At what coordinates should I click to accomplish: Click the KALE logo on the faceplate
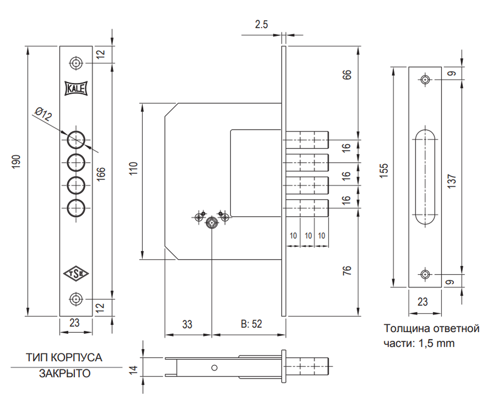tap(76, 88)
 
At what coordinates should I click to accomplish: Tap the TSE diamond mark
tap(76, 274)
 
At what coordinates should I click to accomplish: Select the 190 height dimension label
tap(16, 162)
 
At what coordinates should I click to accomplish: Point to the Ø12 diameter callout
tap(43, 114)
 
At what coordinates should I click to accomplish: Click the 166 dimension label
tap(101, 174)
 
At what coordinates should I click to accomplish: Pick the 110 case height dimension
tap(133, 168)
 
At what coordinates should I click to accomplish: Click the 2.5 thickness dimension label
tap(261, 25)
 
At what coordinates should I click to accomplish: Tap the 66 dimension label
tap(347, 75)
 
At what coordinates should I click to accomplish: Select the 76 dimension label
tap(347, 271)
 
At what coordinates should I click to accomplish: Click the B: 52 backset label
tap(251, 324)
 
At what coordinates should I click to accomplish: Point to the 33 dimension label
tap(187, 324)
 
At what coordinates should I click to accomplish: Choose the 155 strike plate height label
tap(384, 171)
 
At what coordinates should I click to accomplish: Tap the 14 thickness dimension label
tap(133, 370)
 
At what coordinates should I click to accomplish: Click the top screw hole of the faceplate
tap(76, 63)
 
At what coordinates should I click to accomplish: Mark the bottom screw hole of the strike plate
tap(425, 275)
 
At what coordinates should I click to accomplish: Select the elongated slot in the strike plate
tap(425, 177)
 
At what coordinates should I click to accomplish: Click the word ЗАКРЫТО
tap(64, 373)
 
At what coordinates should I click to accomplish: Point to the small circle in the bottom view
tap(214, 368)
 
